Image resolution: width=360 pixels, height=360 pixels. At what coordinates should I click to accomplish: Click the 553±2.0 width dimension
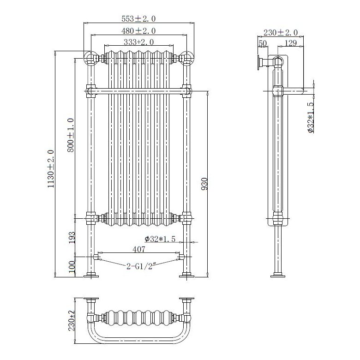(138, 19)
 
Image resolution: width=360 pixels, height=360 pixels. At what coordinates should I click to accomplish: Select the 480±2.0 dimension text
(138, 31)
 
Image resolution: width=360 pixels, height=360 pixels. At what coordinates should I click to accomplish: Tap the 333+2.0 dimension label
(138, 42)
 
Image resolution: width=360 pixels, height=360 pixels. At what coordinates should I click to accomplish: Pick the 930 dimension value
(205, 183)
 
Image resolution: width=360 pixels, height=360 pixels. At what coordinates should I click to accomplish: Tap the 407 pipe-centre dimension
(139, 250)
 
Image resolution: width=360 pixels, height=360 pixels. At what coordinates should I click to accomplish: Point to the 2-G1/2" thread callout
(140, 265)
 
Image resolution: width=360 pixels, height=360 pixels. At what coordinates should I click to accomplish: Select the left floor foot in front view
(90, 276)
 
